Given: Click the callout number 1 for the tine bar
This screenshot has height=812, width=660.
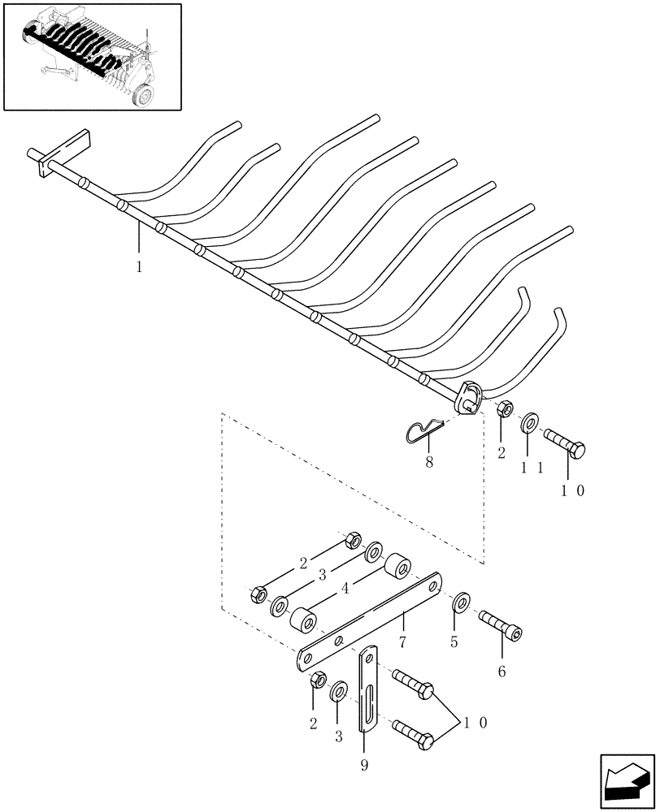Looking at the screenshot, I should click(139, 266).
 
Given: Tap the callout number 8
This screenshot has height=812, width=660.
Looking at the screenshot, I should click(429, 462).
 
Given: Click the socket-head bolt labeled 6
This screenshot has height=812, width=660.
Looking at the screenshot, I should click(497, 625).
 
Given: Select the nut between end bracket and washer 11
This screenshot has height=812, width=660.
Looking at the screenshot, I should click(503, 408).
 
